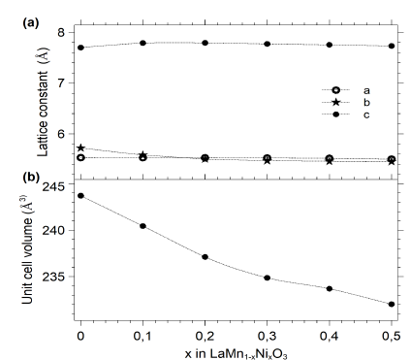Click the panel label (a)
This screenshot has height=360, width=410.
[x=23, y=11]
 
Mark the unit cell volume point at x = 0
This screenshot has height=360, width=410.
[x=80, y=195]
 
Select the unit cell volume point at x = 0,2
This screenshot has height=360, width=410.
[x=205, y=257]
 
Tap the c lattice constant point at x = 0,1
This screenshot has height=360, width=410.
[x=142, y=43]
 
